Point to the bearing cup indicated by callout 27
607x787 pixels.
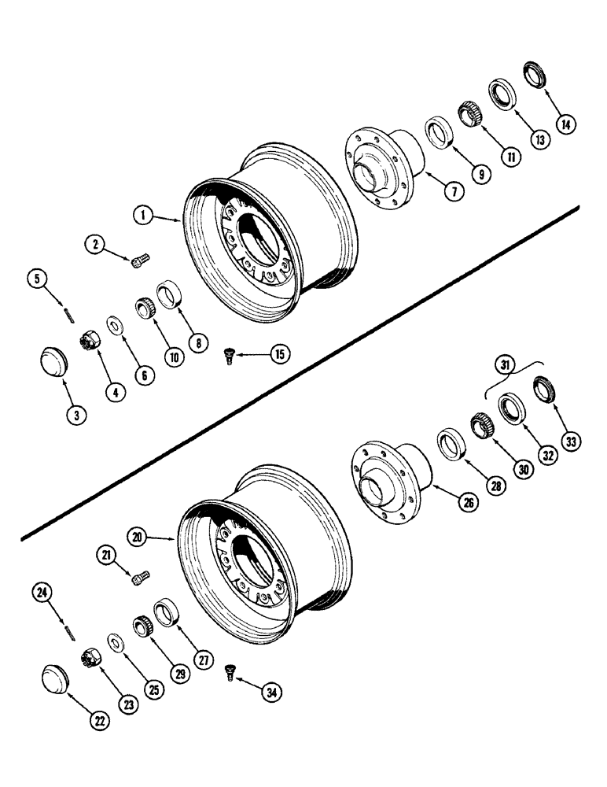pos(167,612)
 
